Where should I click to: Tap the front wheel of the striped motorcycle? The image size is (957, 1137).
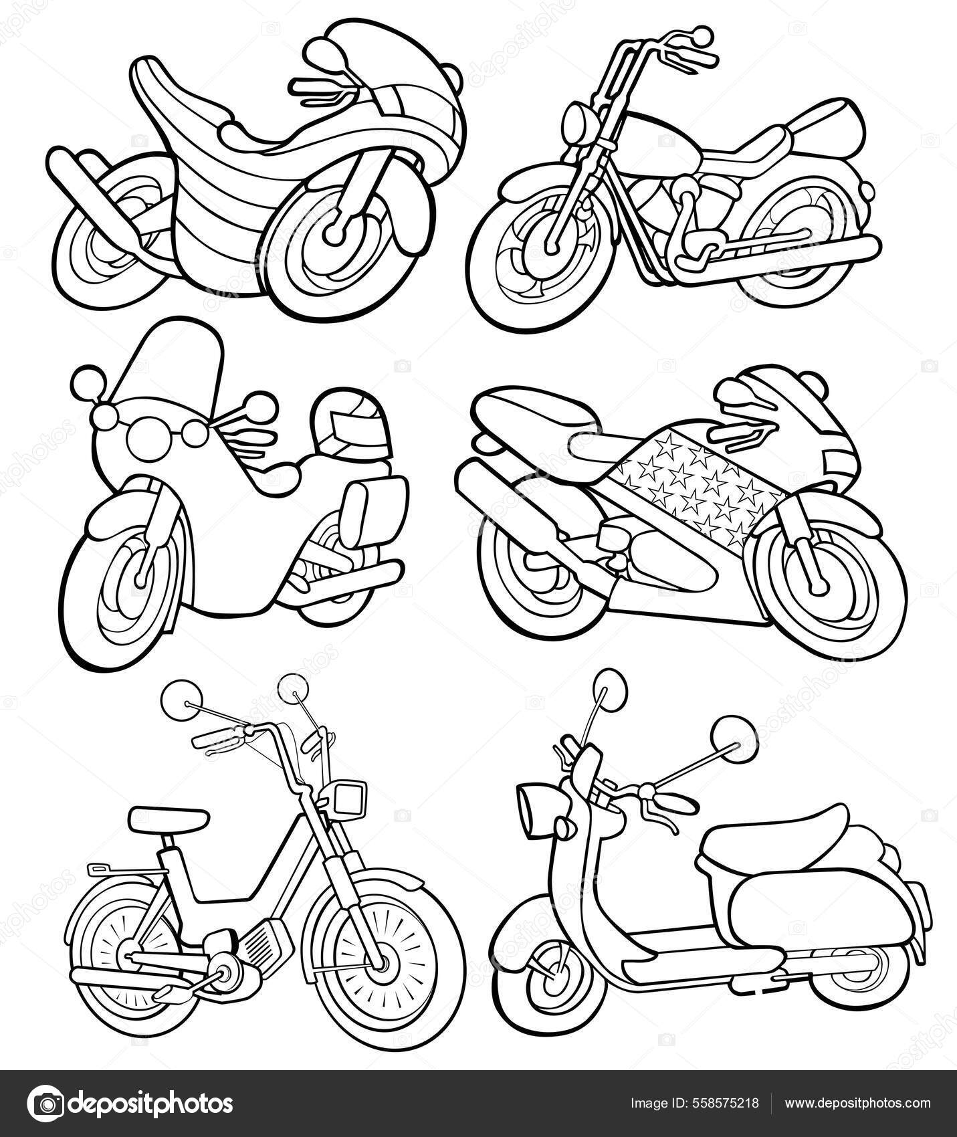[334, 235]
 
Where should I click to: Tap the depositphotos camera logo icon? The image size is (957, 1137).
[47, 1103]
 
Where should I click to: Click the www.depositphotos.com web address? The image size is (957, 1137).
[857, 1103]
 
